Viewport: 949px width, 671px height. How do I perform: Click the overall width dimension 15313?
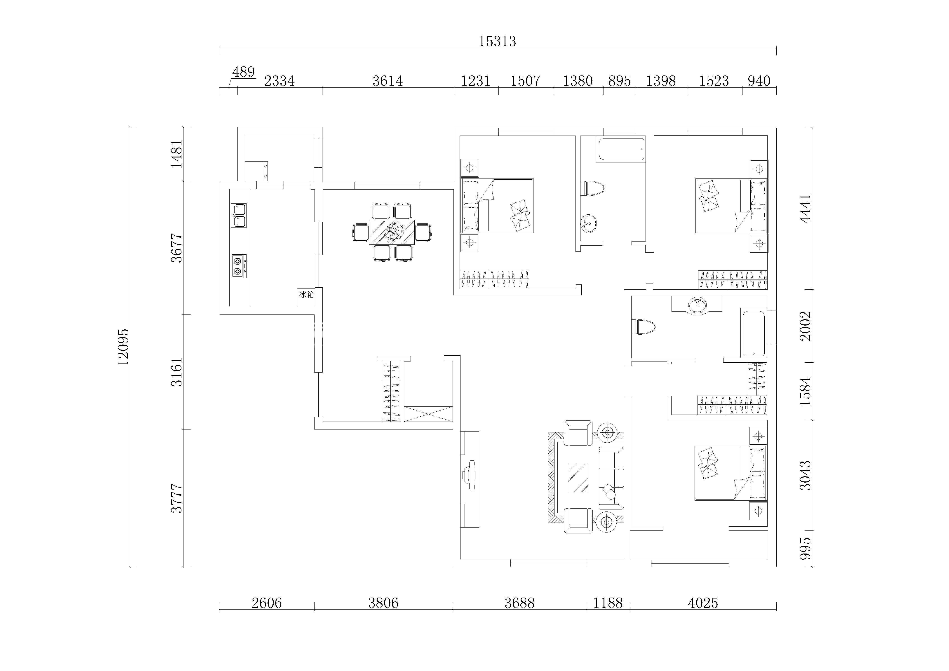point(497,41)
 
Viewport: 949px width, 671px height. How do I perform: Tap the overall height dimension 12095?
point(123,347)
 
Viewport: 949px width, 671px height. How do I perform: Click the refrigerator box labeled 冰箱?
point(306,297)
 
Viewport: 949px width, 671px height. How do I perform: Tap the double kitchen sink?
point(238,215)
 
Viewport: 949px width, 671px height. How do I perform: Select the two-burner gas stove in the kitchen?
point(239,266)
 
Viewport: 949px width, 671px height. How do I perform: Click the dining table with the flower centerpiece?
point(392,232)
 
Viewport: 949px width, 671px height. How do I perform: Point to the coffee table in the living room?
point(578,478)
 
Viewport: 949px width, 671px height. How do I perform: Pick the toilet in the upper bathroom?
point(592,188)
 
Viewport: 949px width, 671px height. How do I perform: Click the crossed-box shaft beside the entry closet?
point(428,414)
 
